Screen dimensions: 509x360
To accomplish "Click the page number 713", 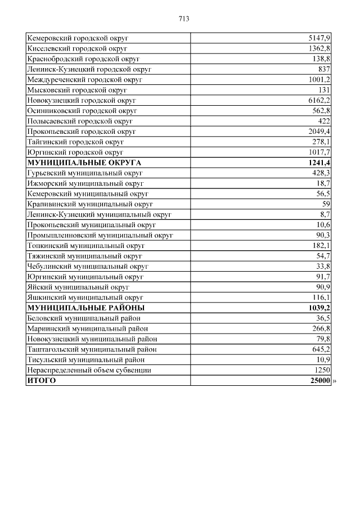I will pos(184,19).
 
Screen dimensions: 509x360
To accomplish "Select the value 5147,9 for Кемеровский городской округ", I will pos(319,38).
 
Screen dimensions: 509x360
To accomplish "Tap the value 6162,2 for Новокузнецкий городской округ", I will pos(319,100).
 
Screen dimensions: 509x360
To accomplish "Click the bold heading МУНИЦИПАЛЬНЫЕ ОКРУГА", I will pos(84,163).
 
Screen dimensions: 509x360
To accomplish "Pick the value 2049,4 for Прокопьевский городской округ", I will pos(319,132).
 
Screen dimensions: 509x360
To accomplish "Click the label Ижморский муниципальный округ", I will pos(85,183).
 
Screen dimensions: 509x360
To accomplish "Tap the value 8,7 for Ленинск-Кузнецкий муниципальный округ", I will pos(325,214).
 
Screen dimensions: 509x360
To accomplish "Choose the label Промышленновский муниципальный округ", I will pos(100,235).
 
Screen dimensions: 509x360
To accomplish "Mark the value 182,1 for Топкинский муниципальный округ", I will pos(321,246).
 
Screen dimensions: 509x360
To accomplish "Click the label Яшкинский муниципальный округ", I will pos(85,298).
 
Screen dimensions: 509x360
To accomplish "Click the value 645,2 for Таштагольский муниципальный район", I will pos(321,349).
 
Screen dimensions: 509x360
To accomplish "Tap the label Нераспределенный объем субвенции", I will pos(89,370).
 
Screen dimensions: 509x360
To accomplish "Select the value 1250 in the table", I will pos(322,370).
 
